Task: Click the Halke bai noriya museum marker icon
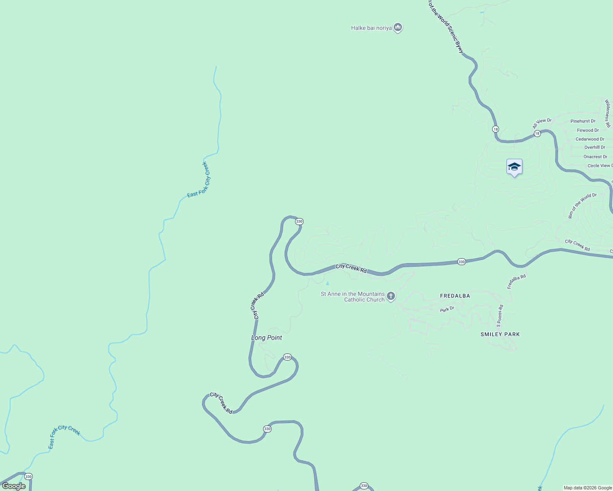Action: pos(397,27)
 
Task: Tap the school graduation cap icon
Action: pos(514,167)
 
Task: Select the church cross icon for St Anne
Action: pos(391,296)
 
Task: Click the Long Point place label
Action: pos(266,338)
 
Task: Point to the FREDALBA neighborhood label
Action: pos(455,296)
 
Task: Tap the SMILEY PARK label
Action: pos(500,334)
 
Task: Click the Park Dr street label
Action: pos(447,309)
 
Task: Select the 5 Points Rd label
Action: pos(499,315)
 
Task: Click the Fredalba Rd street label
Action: pos(516,282)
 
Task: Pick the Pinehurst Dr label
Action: pos(583,121)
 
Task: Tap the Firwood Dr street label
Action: pos(588,130)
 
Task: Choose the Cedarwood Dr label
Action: pos(590,139)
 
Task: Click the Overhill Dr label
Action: pos(595,147)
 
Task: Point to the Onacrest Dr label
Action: pos(595,157)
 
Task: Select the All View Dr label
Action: pos(542,123)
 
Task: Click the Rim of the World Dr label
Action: pos(582,205)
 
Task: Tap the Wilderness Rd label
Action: pos(608,113)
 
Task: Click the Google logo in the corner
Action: pos(14,486)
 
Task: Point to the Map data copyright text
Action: pos(588,488)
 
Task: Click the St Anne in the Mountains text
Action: pos(352,294)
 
